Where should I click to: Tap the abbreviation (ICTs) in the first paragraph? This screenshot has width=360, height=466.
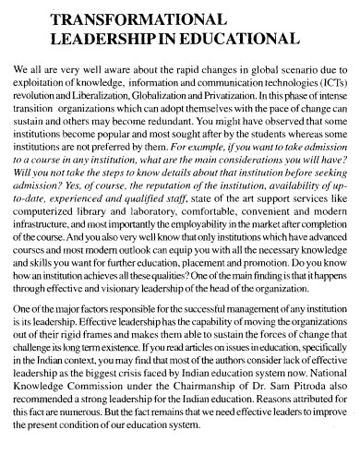click(330, 79)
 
